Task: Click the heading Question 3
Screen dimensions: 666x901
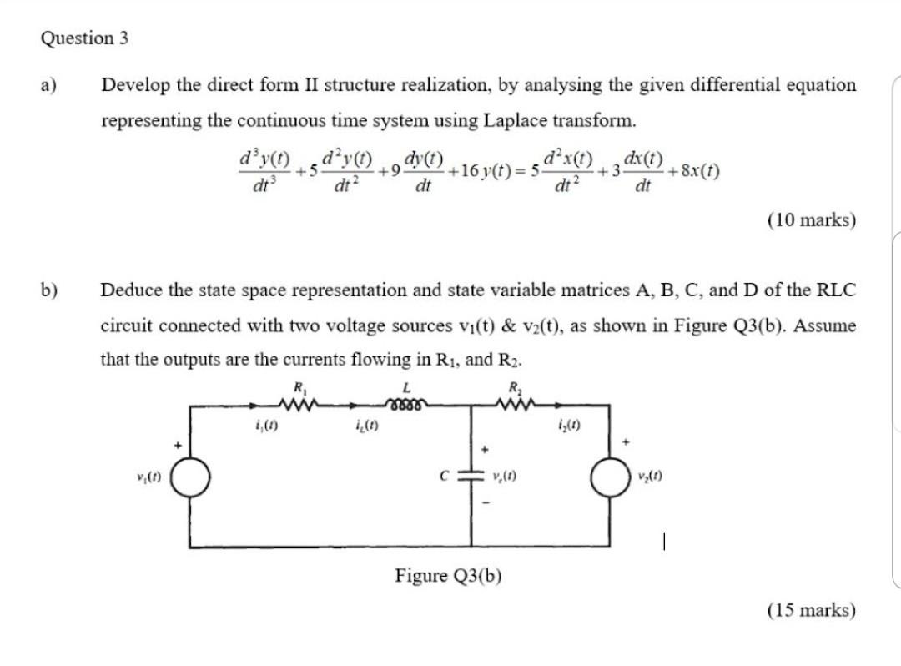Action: click(x=84, y=38)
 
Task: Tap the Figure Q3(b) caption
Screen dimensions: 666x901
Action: click(x=448, y=576)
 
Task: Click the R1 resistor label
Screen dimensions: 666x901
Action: click(x=296, y=386)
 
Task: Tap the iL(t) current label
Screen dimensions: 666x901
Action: click(x=365, y=431)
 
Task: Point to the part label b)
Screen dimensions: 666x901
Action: click(x=48, y=290)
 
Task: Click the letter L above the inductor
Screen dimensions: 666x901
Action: click(x=406, y=386)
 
